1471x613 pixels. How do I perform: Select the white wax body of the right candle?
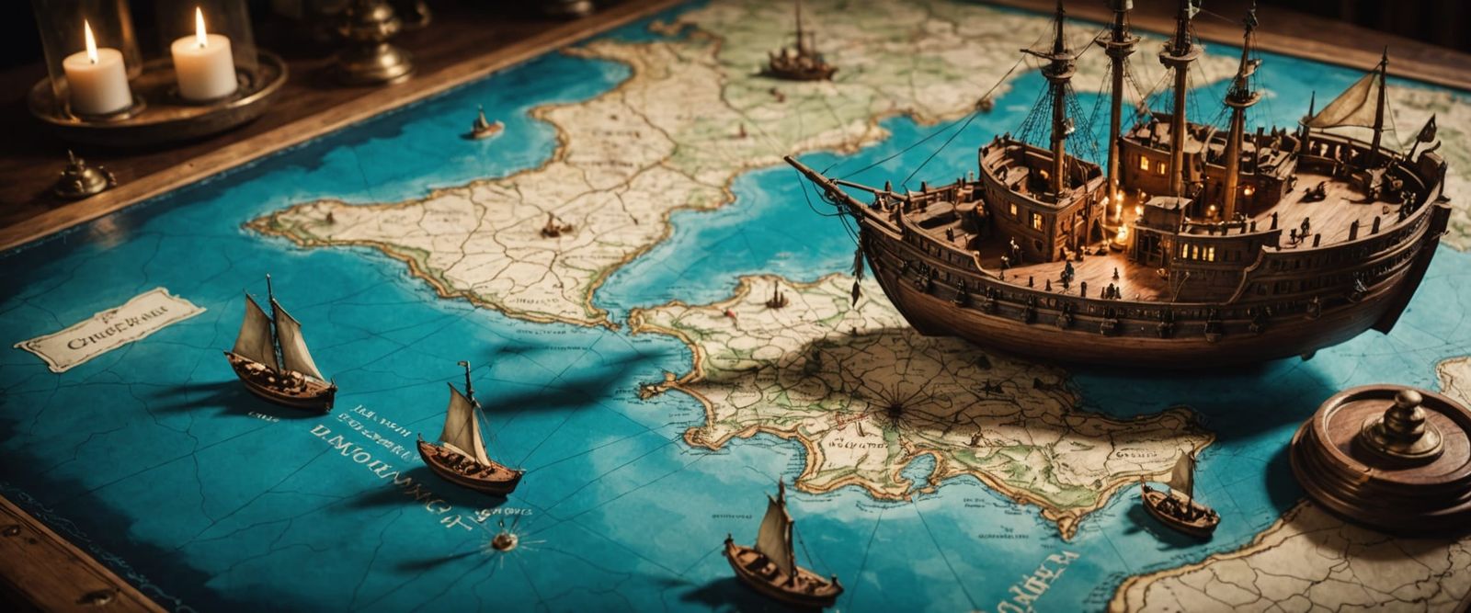[x=203, y=68]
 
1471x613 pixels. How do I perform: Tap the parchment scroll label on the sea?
[x=109, y=328]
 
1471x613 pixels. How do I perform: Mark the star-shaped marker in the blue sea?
[x=503, y=540]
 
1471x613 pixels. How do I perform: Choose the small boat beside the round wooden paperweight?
[x=1179, y=501]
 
